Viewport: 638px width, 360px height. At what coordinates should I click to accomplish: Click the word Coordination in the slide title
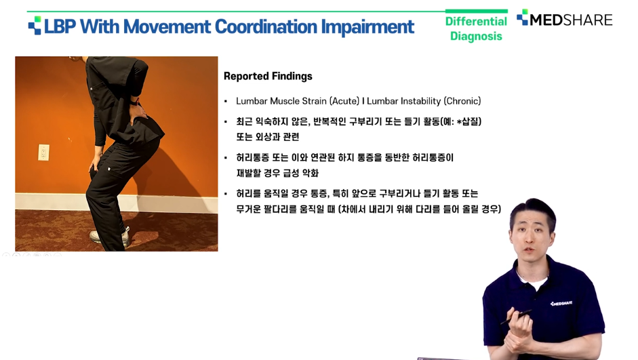point(266,27)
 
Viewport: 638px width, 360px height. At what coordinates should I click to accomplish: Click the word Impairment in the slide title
point(368,28)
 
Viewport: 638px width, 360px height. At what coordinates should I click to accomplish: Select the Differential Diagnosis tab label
point(476,28)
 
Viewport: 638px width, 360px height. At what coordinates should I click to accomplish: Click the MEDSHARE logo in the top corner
point(564,19)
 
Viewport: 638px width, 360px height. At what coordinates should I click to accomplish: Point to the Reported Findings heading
point(268,76)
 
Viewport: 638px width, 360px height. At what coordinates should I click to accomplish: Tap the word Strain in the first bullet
point(314,101)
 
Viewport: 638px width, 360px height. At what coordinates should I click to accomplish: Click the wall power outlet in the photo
point(43,153)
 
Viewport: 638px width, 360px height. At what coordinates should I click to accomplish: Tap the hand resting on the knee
point(94,167)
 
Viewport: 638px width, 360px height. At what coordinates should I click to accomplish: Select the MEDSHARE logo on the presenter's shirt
point(561,304)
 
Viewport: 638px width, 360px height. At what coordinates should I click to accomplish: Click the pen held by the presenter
point(516,317)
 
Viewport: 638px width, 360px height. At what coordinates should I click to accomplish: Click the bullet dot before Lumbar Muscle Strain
point(226,101)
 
